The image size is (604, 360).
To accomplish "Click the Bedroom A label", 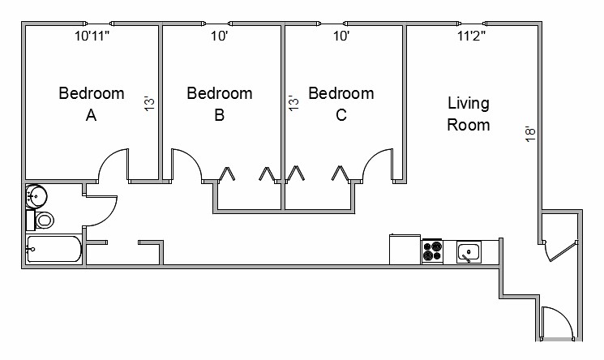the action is click(x=92, y=104).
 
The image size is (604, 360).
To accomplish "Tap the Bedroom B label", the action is click(x=220, y=104).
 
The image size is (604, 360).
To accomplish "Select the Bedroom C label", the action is click(x=341, y=104).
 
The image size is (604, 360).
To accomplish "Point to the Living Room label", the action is click(x=469, y=114).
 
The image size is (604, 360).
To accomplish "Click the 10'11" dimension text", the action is click(x=92, y=36).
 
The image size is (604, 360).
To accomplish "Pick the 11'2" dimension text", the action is click(x=471, y=36).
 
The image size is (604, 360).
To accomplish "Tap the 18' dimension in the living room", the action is click(x=530, y=134).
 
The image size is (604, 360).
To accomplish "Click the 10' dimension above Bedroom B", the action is click(x=219, y=36).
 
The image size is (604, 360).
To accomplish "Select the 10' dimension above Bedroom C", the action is click(x=341, y=36).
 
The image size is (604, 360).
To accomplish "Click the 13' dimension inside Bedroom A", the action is click(x=149, y=103).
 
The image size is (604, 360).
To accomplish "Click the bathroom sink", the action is click(x=36, y=196).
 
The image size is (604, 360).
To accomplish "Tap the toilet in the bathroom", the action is click(x=41, y=220).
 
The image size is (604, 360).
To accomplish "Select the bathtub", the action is click(x=54, y=249).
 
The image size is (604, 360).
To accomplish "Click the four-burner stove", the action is click(x=432, y=251).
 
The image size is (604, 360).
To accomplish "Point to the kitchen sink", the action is click(x=469, y=252).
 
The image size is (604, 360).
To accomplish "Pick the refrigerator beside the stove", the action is click(x=405, y=249).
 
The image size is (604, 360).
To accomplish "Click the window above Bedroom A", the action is click(x=99, y=24).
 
